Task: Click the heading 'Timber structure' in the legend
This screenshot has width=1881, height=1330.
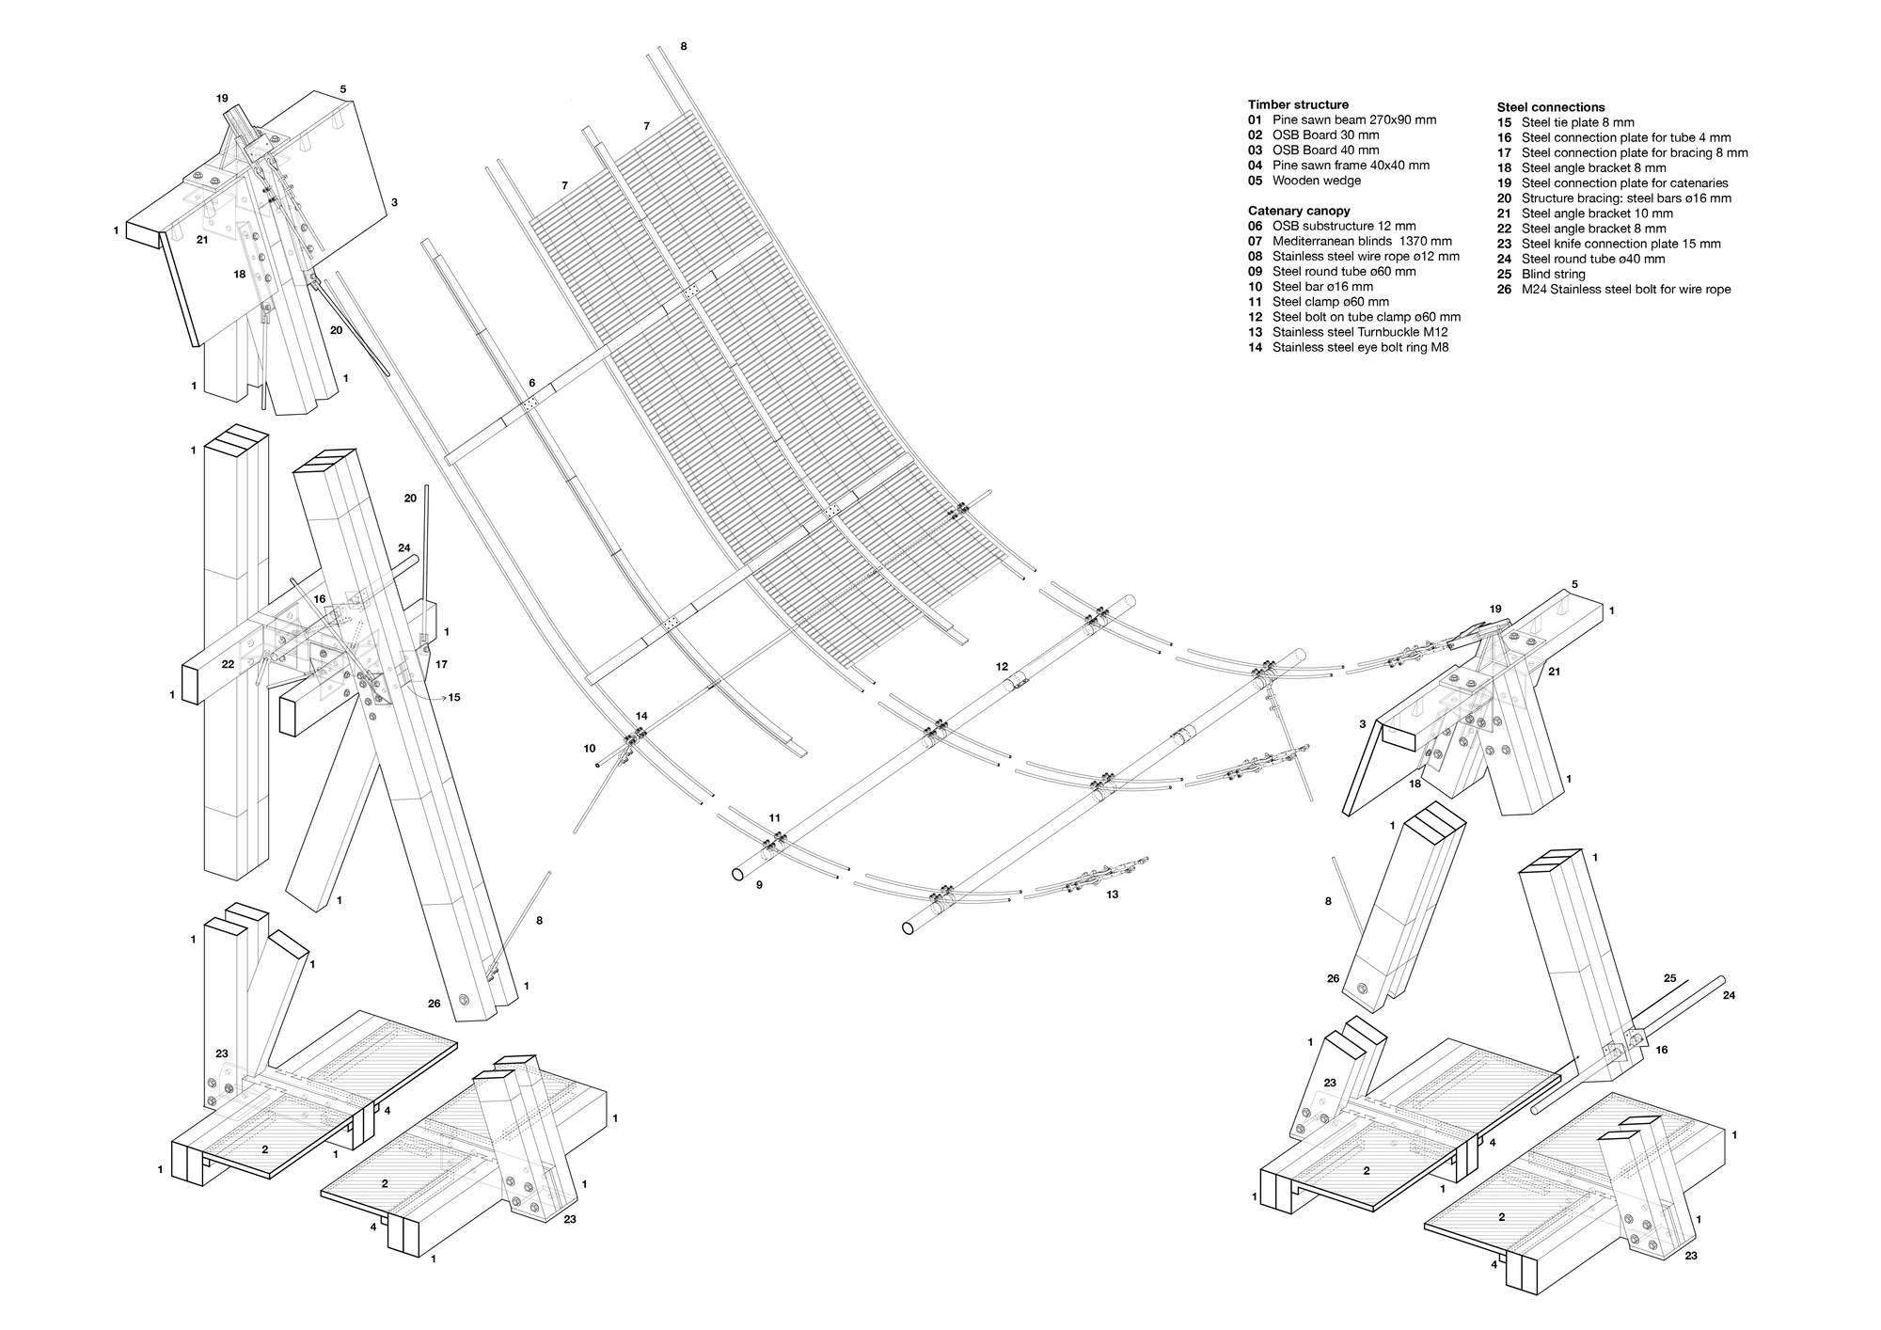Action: [1298, 104]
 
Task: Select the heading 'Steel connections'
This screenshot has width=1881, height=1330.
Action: [1551, 107]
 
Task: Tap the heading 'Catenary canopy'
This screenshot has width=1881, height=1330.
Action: [1299, 211]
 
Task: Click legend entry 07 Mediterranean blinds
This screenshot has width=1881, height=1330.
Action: [1350, 241]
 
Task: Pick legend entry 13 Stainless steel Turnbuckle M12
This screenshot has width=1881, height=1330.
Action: [1347, 332]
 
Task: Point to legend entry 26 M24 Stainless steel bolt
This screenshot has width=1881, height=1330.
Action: [1613, 289]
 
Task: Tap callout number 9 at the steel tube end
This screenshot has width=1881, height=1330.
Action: [759, 885]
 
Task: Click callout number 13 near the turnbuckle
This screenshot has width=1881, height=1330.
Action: [1112, 895]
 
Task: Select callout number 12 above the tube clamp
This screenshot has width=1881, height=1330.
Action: [1002, 666]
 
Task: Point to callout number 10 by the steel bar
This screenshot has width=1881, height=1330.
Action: [590, 749]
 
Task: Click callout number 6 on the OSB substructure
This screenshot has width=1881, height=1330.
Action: [532, 383]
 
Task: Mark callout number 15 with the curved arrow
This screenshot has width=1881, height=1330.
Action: [454, 697]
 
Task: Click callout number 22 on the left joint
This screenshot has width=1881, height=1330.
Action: [228, 664]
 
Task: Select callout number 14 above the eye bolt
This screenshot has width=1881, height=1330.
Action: [641, 716]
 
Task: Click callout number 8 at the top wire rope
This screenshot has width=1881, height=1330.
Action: [684, 46]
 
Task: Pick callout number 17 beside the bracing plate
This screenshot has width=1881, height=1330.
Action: [441, 664]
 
